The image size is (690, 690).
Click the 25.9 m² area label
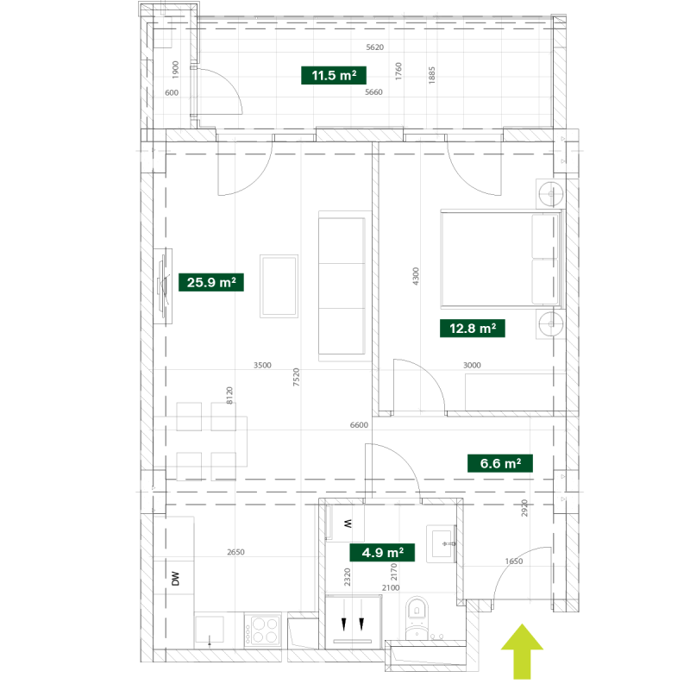(x=211, y=282)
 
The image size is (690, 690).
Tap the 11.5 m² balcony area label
(x=334, y=75)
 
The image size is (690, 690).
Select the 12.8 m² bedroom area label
(x=473, y=329)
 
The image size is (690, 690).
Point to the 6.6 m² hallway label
(x=500, y=463)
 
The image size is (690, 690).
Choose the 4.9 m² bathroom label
(x=382, y=552)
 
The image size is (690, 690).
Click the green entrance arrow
(x=522, y=651)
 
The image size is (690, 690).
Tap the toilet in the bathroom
(x=417, y=616)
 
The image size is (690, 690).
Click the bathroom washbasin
(x=442, y=544)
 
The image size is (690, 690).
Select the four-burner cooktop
(x=263, y=630)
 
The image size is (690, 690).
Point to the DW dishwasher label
(x=176, y=578)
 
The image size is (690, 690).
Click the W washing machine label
(x=348, y=524)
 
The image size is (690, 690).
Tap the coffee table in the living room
(x=279, y=286)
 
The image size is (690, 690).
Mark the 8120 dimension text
(x=229, y=396)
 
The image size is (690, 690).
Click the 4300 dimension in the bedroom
(x=416, y=276)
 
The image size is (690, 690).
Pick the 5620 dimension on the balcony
(x=375, y=47)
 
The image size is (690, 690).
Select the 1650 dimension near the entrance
(x=514, y=561)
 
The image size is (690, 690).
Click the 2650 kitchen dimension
(x=235, y=552)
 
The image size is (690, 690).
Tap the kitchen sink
(x=210, y=630)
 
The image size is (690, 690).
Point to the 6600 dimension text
(x=359, y=425)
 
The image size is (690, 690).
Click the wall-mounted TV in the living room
(x=164, y=286)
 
